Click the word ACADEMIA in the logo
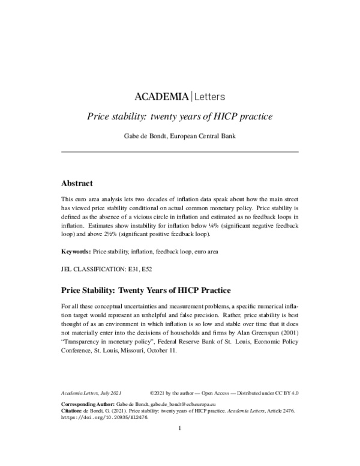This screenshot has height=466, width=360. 160,96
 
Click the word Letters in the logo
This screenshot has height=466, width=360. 209,96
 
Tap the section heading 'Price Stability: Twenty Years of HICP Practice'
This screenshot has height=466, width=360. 146,292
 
